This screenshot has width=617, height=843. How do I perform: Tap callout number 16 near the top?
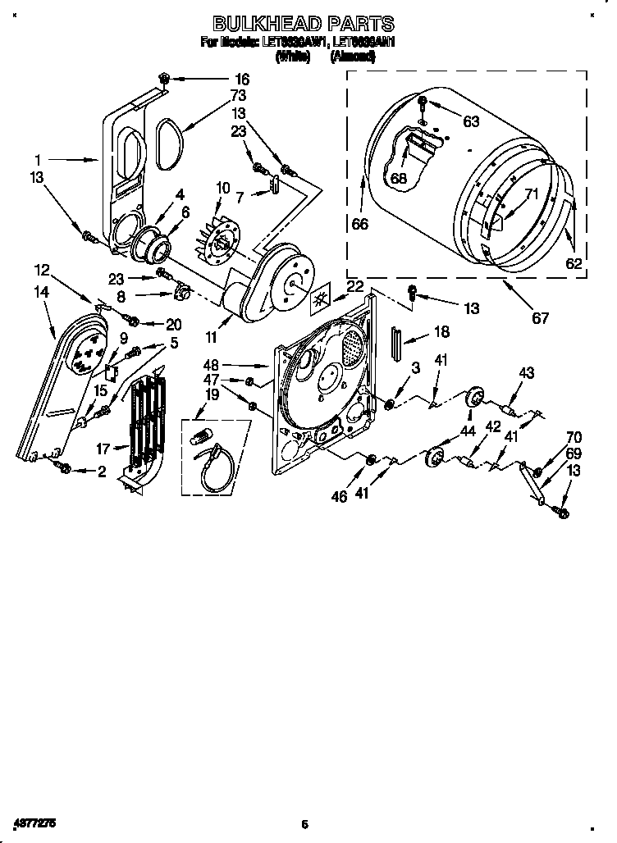click(x=241, y=80)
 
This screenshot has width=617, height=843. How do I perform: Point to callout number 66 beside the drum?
click(x=359, y=224)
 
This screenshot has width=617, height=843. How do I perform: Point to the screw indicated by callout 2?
click(x=62, y=467)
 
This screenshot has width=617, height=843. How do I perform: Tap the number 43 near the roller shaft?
click(x=526, y=373)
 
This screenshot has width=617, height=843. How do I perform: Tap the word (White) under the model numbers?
click(x=292, y=57)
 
